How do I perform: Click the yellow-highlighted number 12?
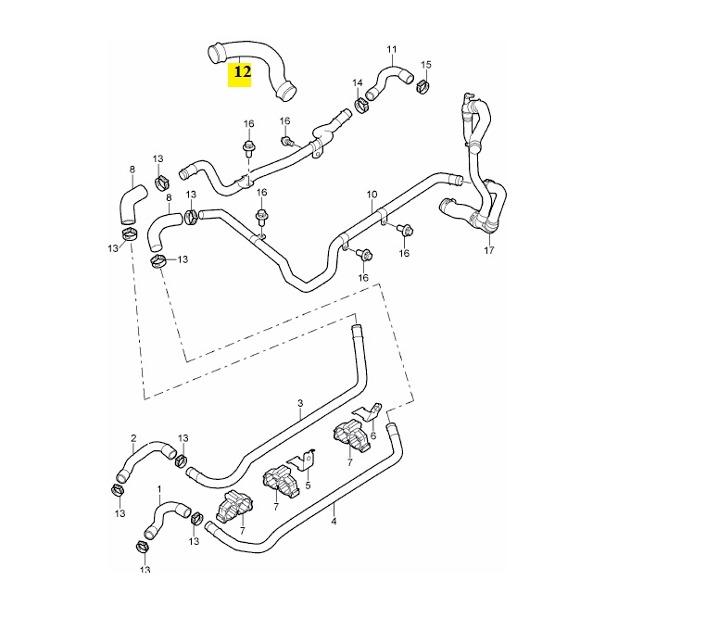(242, 69)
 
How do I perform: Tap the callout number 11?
(391, 48)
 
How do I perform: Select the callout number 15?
(426, 64)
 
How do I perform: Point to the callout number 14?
(357, 83)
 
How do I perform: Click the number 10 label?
(372, 195)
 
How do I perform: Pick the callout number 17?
(489, 250)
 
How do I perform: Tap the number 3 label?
(300, 404)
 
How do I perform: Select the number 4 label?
(334, 521)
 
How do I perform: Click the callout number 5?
(308, 485)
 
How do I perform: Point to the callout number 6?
(372, 436)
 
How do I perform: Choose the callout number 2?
(133, 438)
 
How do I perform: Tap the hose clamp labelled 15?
(423, 88)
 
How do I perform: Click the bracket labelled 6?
(372, 411)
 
